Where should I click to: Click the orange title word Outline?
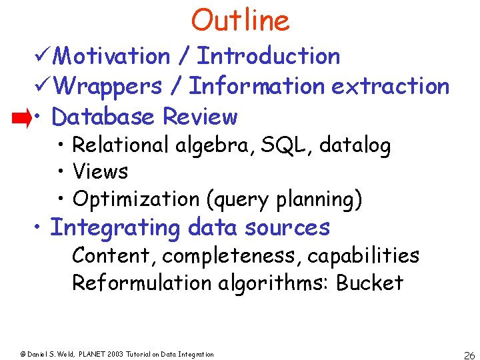click(x=240, y=21)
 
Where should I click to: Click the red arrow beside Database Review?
click(x=21, y=119)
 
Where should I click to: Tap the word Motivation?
click(x=111, y=57)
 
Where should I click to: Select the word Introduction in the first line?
click(x=269, y=57)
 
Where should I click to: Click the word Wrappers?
click(x=107, y=86)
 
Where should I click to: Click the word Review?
click(x=200, y=117)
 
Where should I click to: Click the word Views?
click(x=100, y=171)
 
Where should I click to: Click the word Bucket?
click(x=370, y=283)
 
